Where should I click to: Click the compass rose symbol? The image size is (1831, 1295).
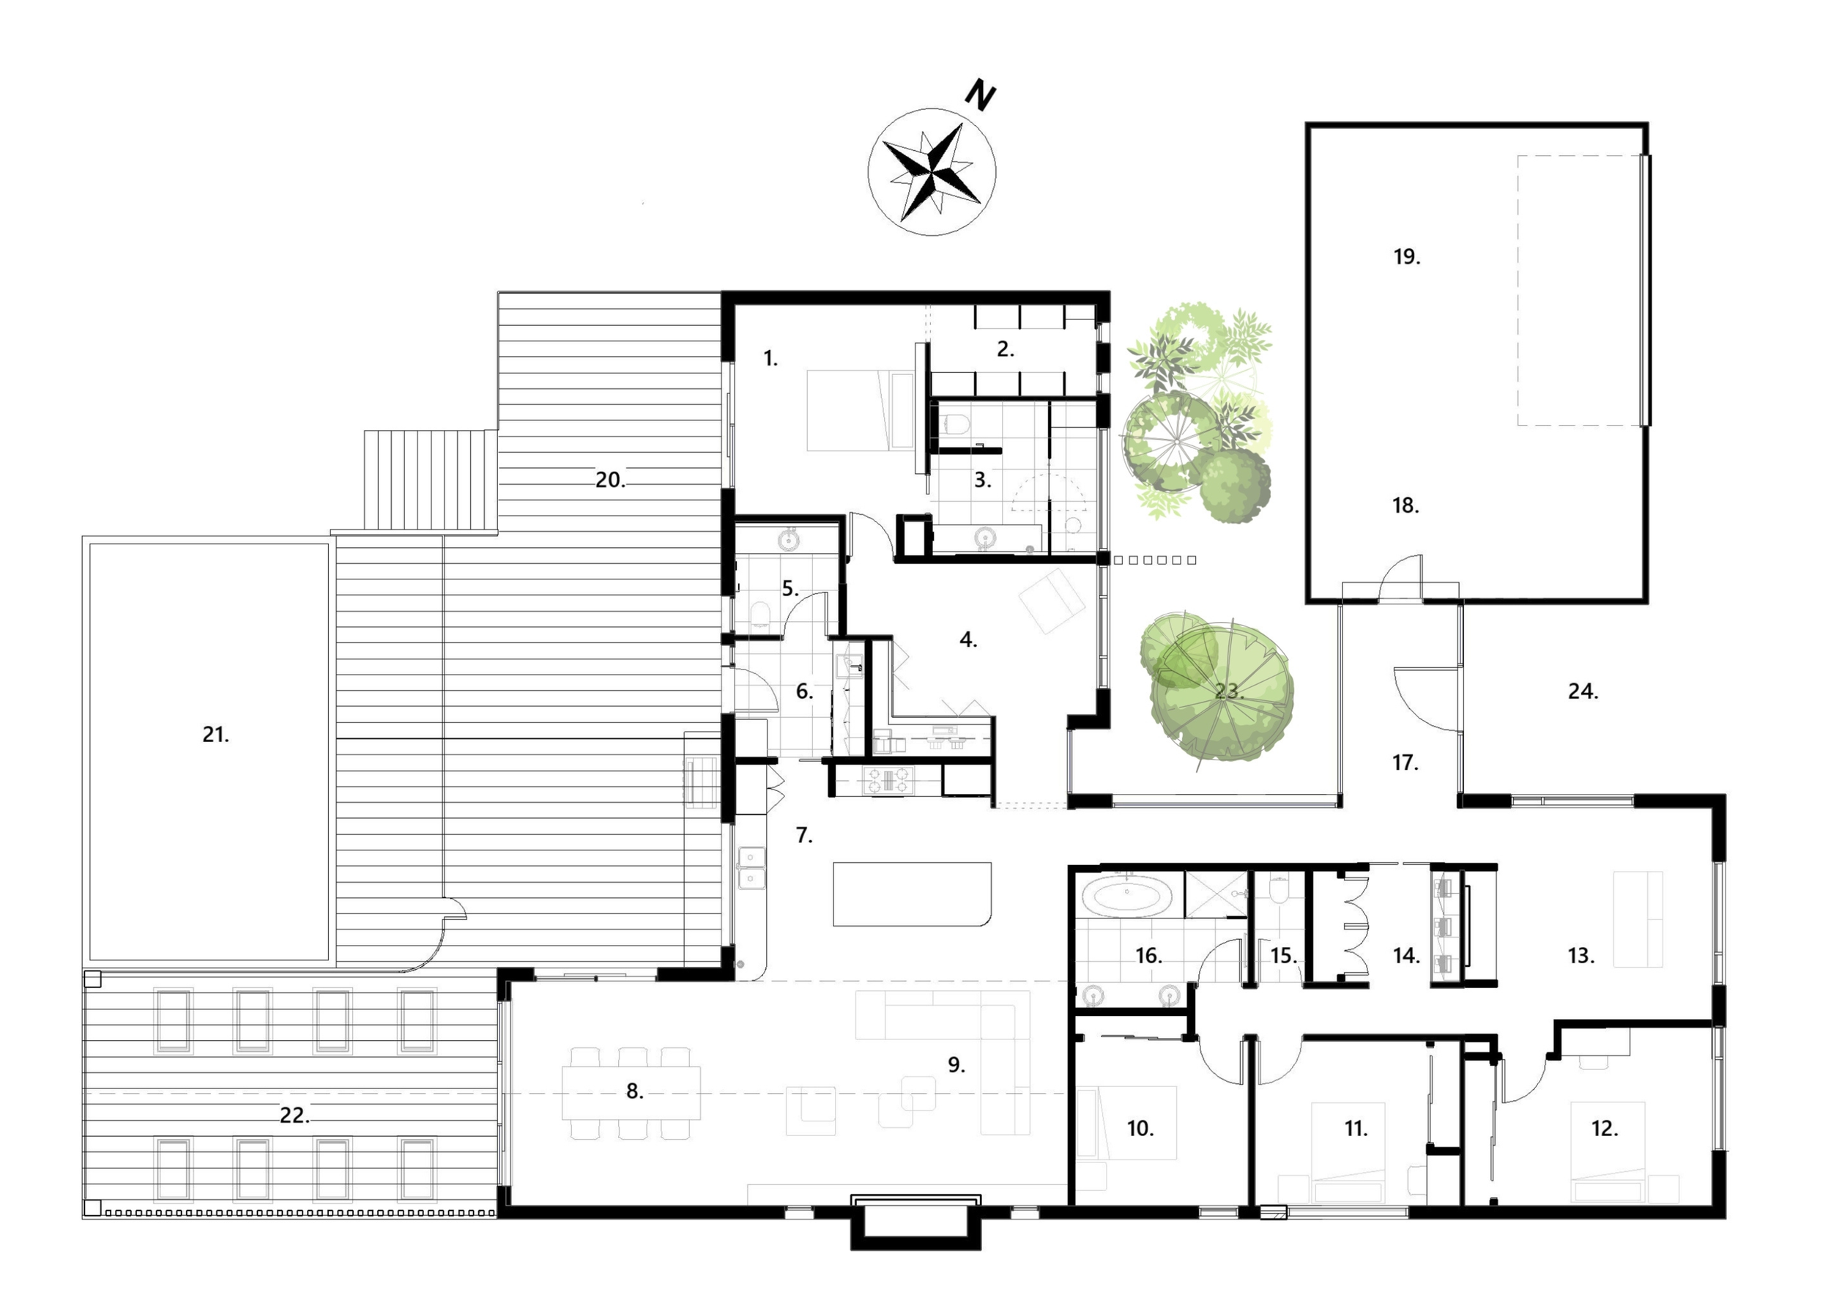[x=932, y=171]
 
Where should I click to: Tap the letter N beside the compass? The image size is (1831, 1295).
[x=980, y=96]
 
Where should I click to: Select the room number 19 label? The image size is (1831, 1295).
[x=1406, y=257]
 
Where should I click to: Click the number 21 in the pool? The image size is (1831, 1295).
[x=215, y=735]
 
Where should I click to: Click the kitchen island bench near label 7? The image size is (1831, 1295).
[x=913, y=894]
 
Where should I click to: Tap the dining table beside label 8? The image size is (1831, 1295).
[x=631, y=1092]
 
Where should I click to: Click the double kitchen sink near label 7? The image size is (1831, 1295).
[x=751, y=867]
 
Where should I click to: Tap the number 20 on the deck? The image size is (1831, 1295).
[x=611, y=480]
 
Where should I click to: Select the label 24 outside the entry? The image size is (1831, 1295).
[x=1583, y=691]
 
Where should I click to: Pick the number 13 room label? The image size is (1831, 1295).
[x=1580, y=955]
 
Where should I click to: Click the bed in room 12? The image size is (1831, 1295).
[x=1607, y=1151]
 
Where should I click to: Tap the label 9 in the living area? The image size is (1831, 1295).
[x=957, y=1064]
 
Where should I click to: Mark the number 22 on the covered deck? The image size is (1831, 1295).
[x=294, y=1116]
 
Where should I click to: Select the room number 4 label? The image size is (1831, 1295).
[x=968, y=639]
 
